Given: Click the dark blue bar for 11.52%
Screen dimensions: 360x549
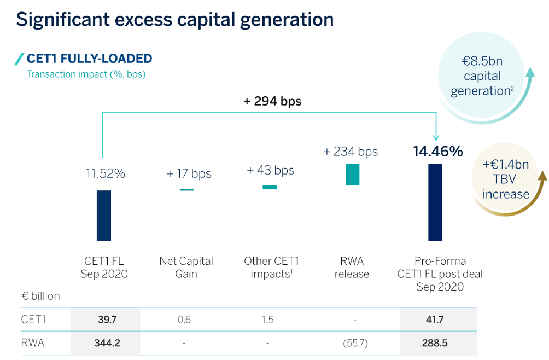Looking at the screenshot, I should [x=104, y=216].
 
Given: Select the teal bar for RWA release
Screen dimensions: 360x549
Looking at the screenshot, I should [x=353, y=175].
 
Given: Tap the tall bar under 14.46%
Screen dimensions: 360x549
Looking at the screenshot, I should [x=435, y=202].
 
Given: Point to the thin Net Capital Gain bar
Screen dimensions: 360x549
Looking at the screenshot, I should [x=187, y=190].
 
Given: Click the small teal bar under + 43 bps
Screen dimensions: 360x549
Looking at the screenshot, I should [x=270, y=187].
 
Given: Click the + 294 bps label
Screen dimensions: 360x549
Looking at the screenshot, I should [x=272, y=101].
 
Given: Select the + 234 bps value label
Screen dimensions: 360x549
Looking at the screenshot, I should [x=351, y=152].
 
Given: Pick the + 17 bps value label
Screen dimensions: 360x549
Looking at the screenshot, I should [x=189, y=174].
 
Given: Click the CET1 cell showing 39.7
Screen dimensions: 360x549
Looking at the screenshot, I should [x=106, y=320].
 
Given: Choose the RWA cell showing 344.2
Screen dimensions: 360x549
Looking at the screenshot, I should [x=106, y=343].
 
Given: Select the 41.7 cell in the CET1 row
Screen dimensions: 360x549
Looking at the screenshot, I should [x=439, y=320].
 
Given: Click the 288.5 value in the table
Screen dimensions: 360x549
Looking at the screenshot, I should [x=439, y=343].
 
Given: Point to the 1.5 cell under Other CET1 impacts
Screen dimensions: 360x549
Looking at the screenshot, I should [x=268, y=320].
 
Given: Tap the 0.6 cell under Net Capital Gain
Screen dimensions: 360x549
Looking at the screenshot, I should [x=185, y=320].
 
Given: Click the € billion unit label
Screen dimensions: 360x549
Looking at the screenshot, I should [x=40, y=297].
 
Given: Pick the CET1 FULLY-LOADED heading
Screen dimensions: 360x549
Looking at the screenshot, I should [x=89, y=59].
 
